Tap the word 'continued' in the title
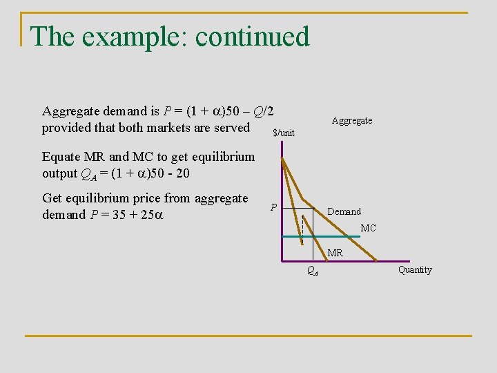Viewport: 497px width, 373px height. pos(253,37)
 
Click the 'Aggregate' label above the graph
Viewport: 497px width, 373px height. pos(352,121)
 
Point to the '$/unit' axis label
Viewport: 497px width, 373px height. pos(284,133)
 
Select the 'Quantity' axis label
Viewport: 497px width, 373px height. pos(415,270)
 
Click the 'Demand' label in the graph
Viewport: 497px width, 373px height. pos(344,211)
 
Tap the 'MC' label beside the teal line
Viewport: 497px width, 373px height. pos(369,228)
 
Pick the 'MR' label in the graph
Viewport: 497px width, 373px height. pos(335,254)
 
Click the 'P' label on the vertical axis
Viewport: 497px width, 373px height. pos(274,207)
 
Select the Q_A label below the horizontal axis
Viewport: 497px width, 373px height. pos(312,272)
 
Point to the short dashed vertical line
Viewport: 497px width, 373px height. pos(302,225)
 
